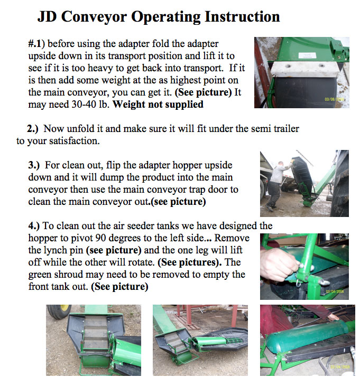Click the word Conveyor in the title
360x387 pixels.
(x=94, y=17)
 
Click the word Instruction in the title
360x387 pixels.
(x=242, y=17)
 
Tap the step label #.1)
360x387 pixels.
(x=36, y=44)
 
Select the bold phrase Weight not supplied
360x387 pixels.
(x=158, y=104)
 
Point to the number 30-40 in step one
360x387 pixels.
(x=84, y=105)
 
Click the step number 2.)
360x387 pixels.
(x=33, y=129)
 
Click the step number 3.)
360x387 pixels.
(x=34, y=165)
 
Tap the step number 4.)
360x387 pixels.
(x=34, y=226)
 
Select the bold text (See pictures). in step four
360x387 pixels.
(x=190, y=262)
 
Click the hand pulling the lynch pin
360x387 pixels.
(x=279, y=265)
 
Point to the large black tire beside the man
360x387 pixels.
(x=340, y=183)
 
